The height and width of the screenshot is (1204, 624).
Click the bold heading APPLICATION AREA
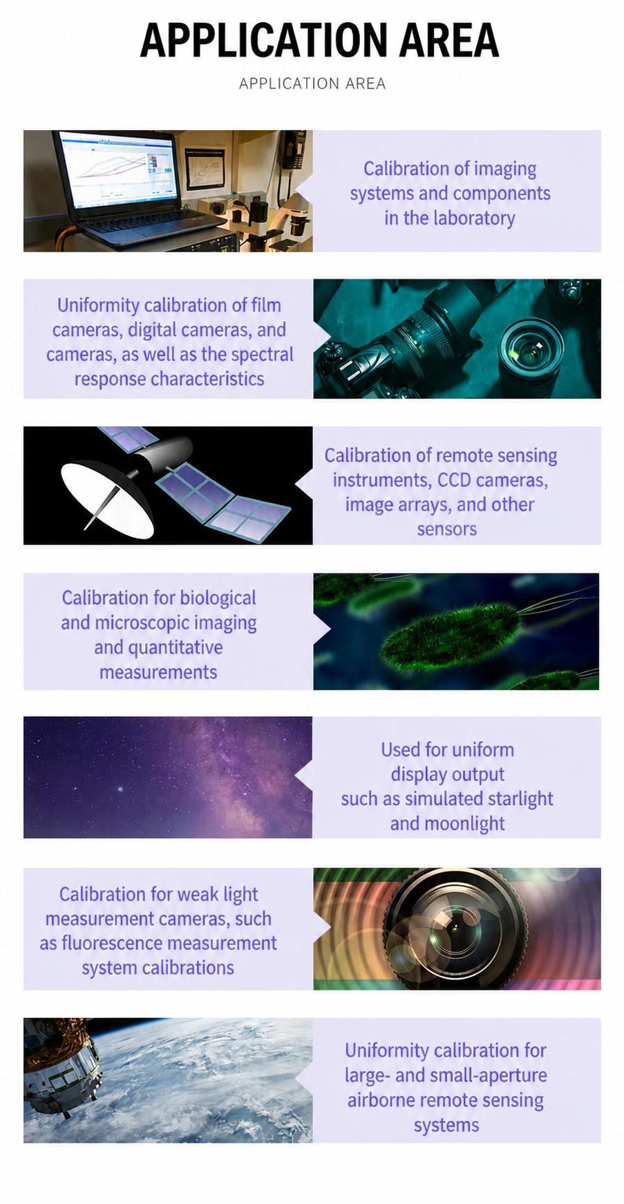click(x=319, y=40)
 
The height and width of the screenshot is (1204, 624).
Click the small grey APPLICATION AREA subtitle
click(x=312, y=84)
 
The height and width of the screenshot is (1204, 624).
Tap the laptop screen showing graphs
click(x=117, y=170)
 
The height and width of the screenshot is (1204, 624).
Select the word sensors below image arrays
click(x=446, y=529)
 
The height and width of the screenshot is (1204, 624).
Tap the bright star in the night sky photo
click(x=122, y=789)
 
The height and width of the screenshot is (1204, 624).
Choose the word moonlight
click(x=464, y=824)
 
